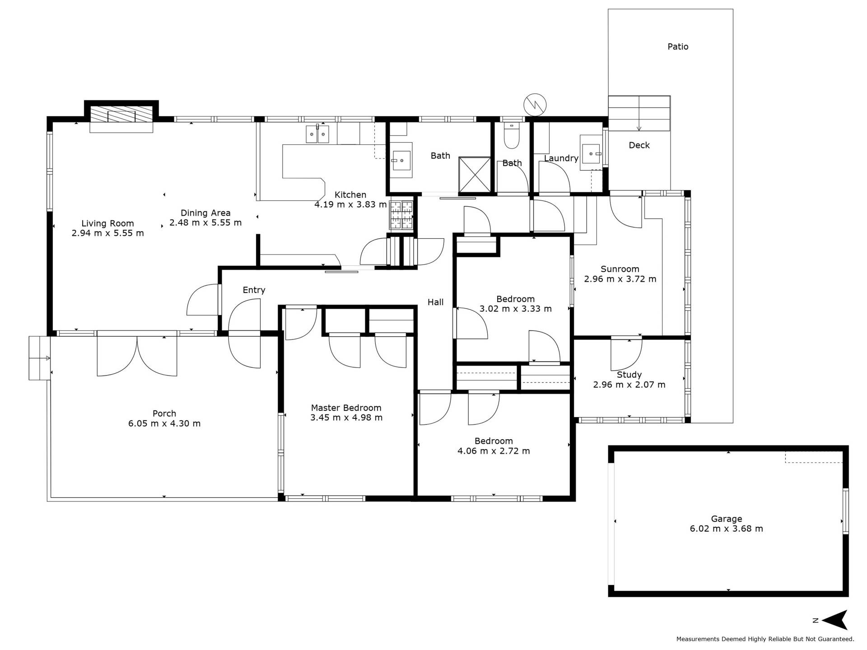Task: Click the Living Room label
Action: [x=107, y=223]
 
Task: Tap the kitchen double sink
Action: [x=317, y=134]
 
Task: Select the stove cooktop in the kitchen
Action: [x=401, y=215]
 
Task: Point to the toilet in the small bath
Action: [x=512, y=136]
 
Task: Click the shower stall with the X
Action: [x=475, y=174]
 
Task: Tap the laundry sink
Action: [x=591, y=153]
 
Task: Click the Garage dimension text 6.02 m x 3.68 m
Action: [x=726, y=529]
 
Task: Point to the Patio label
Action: [x=678, y=46]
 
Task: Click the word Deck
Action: [x=639, y=145]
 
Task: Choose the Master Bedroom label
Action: [x=346, y=408]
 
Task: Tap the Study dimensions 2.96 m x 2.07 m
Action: [x=629, y=385]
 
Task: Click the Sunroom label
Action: [x=620, y=269]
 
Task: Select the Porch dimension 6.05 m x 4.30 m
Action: [x=164, y=423]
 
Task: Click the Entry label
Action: [x=254, y=290]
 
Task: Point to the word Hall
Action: [x=436, y=302]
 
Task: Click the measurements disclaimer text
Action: [x=765, y=639]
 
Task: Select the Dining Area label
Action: [x=205, y=213]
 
